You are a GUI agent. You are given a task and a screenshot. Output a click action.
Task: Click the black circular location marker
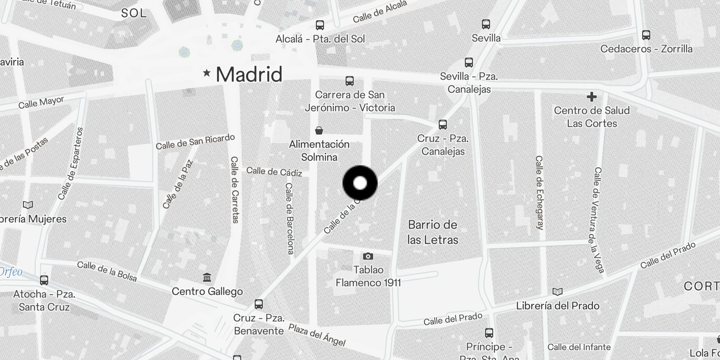pyautogui.click(x=360, y=183)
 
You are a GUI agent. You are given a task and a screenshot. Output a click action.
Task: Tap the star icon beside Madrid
pyautogui.click(x=207, y=72)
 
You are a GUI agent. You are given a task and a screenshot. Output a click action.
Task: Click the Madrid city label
pyautogui.click(x=249, y=74)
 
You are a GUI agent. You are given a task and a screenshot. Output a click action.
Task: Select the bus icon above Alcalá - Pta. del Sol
pyautogui.click(x=320, y=25)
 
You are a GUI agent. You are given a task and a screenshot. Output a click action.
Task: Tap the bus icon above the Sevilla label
pyautogui.click(x=486, y=24)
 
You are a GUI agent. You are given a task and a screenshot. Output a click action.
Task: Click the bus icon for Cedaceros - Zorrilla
pyautogui.click(x=646, y=35)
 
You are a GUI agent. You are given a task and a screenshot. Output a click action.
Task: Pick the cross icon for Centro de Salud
pyautogui.click(x=591, y=97)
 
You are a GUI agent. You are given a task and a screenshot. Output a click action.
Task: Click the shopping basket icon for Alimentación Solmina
pyautogui.click(x=319, y=131)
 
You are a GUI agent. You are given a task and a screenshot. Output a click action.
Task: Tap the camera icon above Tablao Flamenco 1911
pyautogui.click(x=368, y=256)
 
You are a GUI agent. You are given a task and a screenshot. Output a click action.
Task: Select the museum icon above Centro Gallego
pyautogui.click(x=207, y=278)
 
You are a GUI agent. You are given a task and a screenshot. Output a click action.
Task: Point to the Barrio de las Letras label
pyautogui.click(x=432, y=232)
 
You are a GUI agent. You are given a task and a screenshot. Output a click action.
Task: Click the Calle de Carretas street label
pyautogui.click(x=234, y=189)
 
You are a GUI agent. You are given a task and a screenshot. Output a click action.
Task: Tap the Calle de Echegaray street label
pyautogui.click(x=539, y=193)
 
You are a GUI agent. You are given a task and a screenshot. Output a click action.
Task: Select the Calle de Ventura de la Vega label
pyautogui.click(x=598, y=220)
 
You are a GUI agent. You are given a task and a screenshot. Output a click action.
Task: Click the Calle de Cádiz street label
pyautogui.click(x=274, y=171)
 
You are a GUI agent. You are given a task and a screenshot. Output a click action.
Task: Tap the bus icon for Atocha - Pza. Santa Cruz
pyautogui.click(x=44, y=280)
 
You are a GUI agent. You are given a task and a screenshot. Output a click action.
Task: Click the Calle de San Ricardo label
pyautogui.click(x=195, y=142)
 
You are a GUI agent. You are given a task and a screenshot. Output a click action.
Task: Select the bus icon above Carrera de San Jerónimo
pyautogui.click(x=350, y=81)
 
